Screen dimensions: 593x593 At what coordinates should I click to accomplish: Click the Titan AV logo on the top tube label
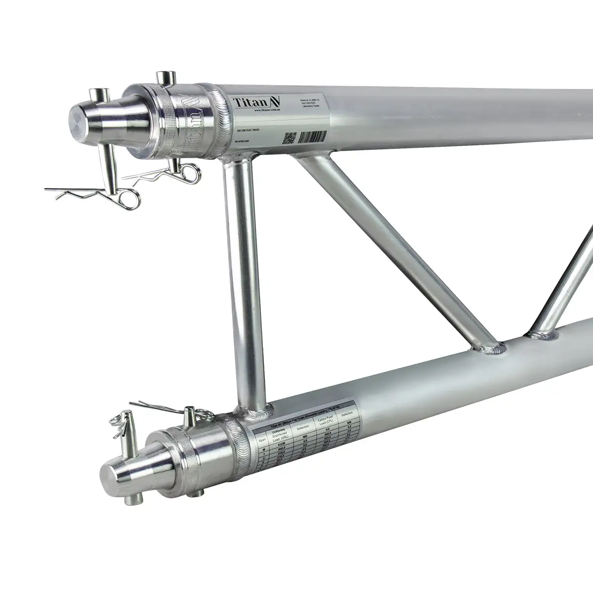pos(256,102)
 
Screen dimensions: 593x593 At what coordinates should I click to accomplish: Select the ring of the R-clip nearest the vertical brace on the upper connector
pos(190,172)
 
